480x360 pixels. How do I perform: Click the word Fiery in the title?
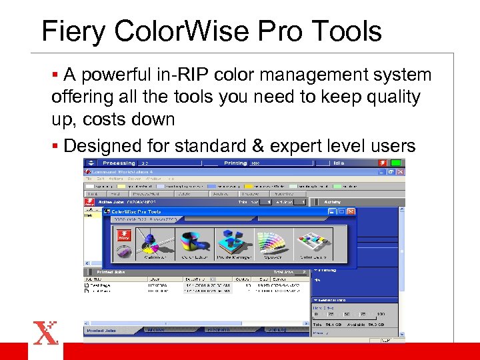(76, 31)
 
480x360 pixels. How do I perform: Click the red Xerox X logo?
(45, 332)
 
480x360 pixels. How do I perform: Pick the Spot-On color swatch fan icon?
(274, 244)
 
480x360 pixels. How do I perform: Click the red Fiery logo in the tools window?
(124, 235)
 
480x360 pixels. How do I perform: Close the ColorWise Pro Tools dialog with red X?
(351, 211)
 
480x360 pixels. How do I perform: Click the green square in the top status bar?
(396, 163)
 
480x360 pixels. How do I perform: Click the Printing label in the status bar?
(235, 163)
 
